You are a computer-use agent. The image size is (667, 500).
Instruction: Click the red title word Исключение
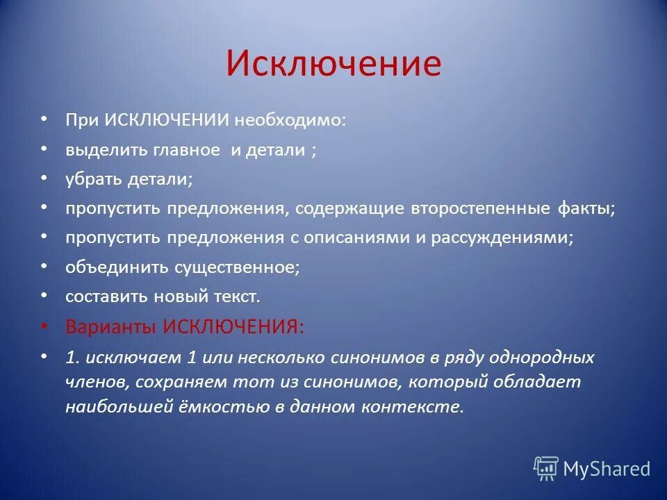click(x=333, y=64)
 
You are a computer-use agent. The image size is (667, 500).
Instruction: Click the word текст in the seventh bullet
click(x=236, y=297)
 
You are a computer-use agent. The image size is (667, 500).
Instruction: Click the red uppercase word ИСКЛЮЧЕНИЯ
click(x=233, y=326)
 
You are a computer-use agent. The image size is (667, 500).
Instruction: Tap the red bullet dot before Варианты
click(x=44, y=326)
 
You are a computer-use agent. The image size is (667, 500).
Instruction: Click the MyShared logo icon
click(x=545, y=469)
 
